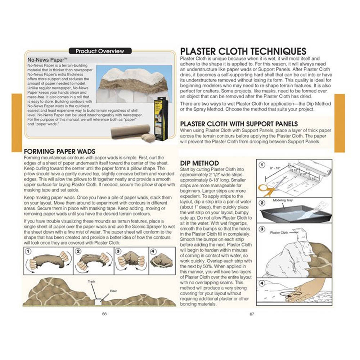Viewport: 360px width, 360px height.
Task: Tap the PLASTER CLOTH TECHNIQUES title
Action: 243,51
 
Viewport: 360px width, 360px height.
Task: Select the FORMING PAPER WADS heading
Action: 59,152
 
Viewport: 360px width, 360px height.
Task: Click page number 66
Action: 104,314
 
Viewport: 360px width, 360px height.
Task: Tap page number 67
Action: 252,314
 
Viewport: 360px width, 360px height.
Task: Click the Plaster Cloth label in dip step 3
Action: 279,233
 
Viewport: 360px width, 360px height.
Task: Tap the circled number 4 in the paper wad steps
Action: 154,251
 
